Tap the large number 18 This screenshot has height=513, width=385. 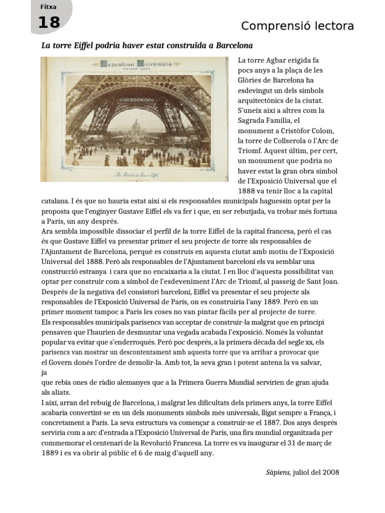coord(49,23)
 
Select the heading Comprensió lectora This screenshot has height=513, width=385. coord(297,26)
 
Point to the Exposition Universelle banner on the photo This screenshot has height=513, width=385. coord(136,64)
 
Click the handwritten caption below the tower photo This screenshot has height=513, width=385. coord(135,175)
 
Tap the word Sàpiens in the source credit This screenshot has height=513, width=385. coord(277,472)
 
